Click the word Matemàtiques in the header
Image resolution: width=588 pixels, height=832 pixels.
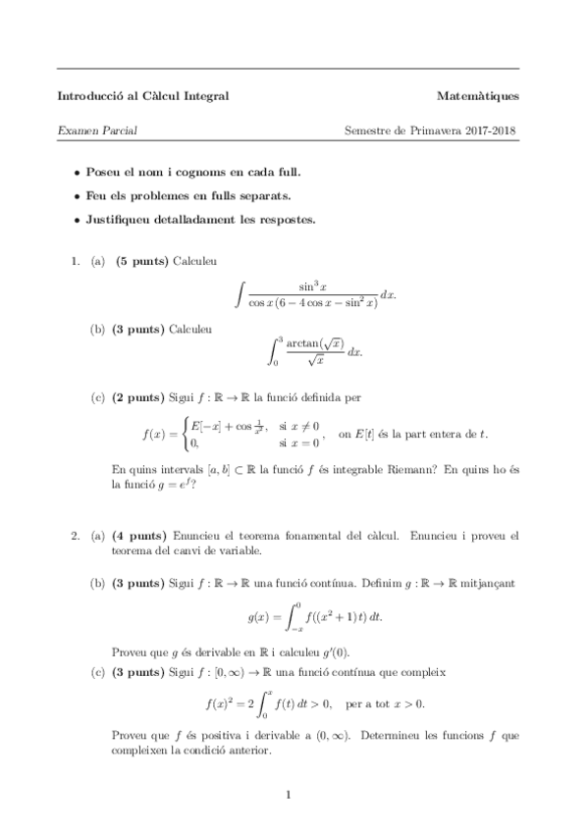tap(478, 96)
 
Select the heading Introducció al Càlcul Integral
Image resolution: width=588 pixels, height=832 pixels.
tap(143, 96)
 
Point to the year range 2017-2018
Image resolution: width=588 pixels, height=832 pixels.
tap(493, 130)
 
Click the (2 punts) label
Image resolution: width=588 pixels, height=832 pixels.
tap(136, 397)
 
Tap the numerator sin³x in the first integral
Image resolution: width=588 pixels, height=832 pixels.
tap(313, 286)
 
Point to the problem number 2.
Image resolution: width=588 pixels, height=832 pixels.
tap(73, 536)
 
